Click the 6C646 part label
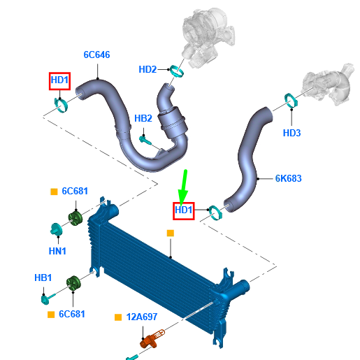(x=96, y=55)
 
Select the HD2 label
(x=147, y=69)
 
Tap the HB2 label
(x=143, y=118)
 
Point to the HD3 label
(x=291, y=133)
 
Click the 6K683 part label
(x=289, y=178)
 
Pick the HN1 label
(x=57, y=251)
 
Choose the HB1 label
(x=43, y=278)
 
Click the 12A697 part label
(x=142, y=317)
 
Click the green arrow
(x=184, y=187)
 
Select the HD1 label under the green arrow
(x=184, y=210)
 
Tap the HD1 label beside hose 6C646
(x=59, y=80)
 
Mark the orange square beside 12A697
(x=118, y=317)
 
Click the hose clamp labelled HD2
(x=176, y=71)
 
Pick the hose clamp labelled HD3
(x=291, y=101)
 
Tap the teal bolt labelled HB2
(x=145, y=140)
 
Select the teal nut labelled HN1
(x=56, y=229)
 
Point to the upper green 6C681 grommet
(x=75, y=218)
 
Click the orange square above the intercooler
(x=171, y=233)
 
